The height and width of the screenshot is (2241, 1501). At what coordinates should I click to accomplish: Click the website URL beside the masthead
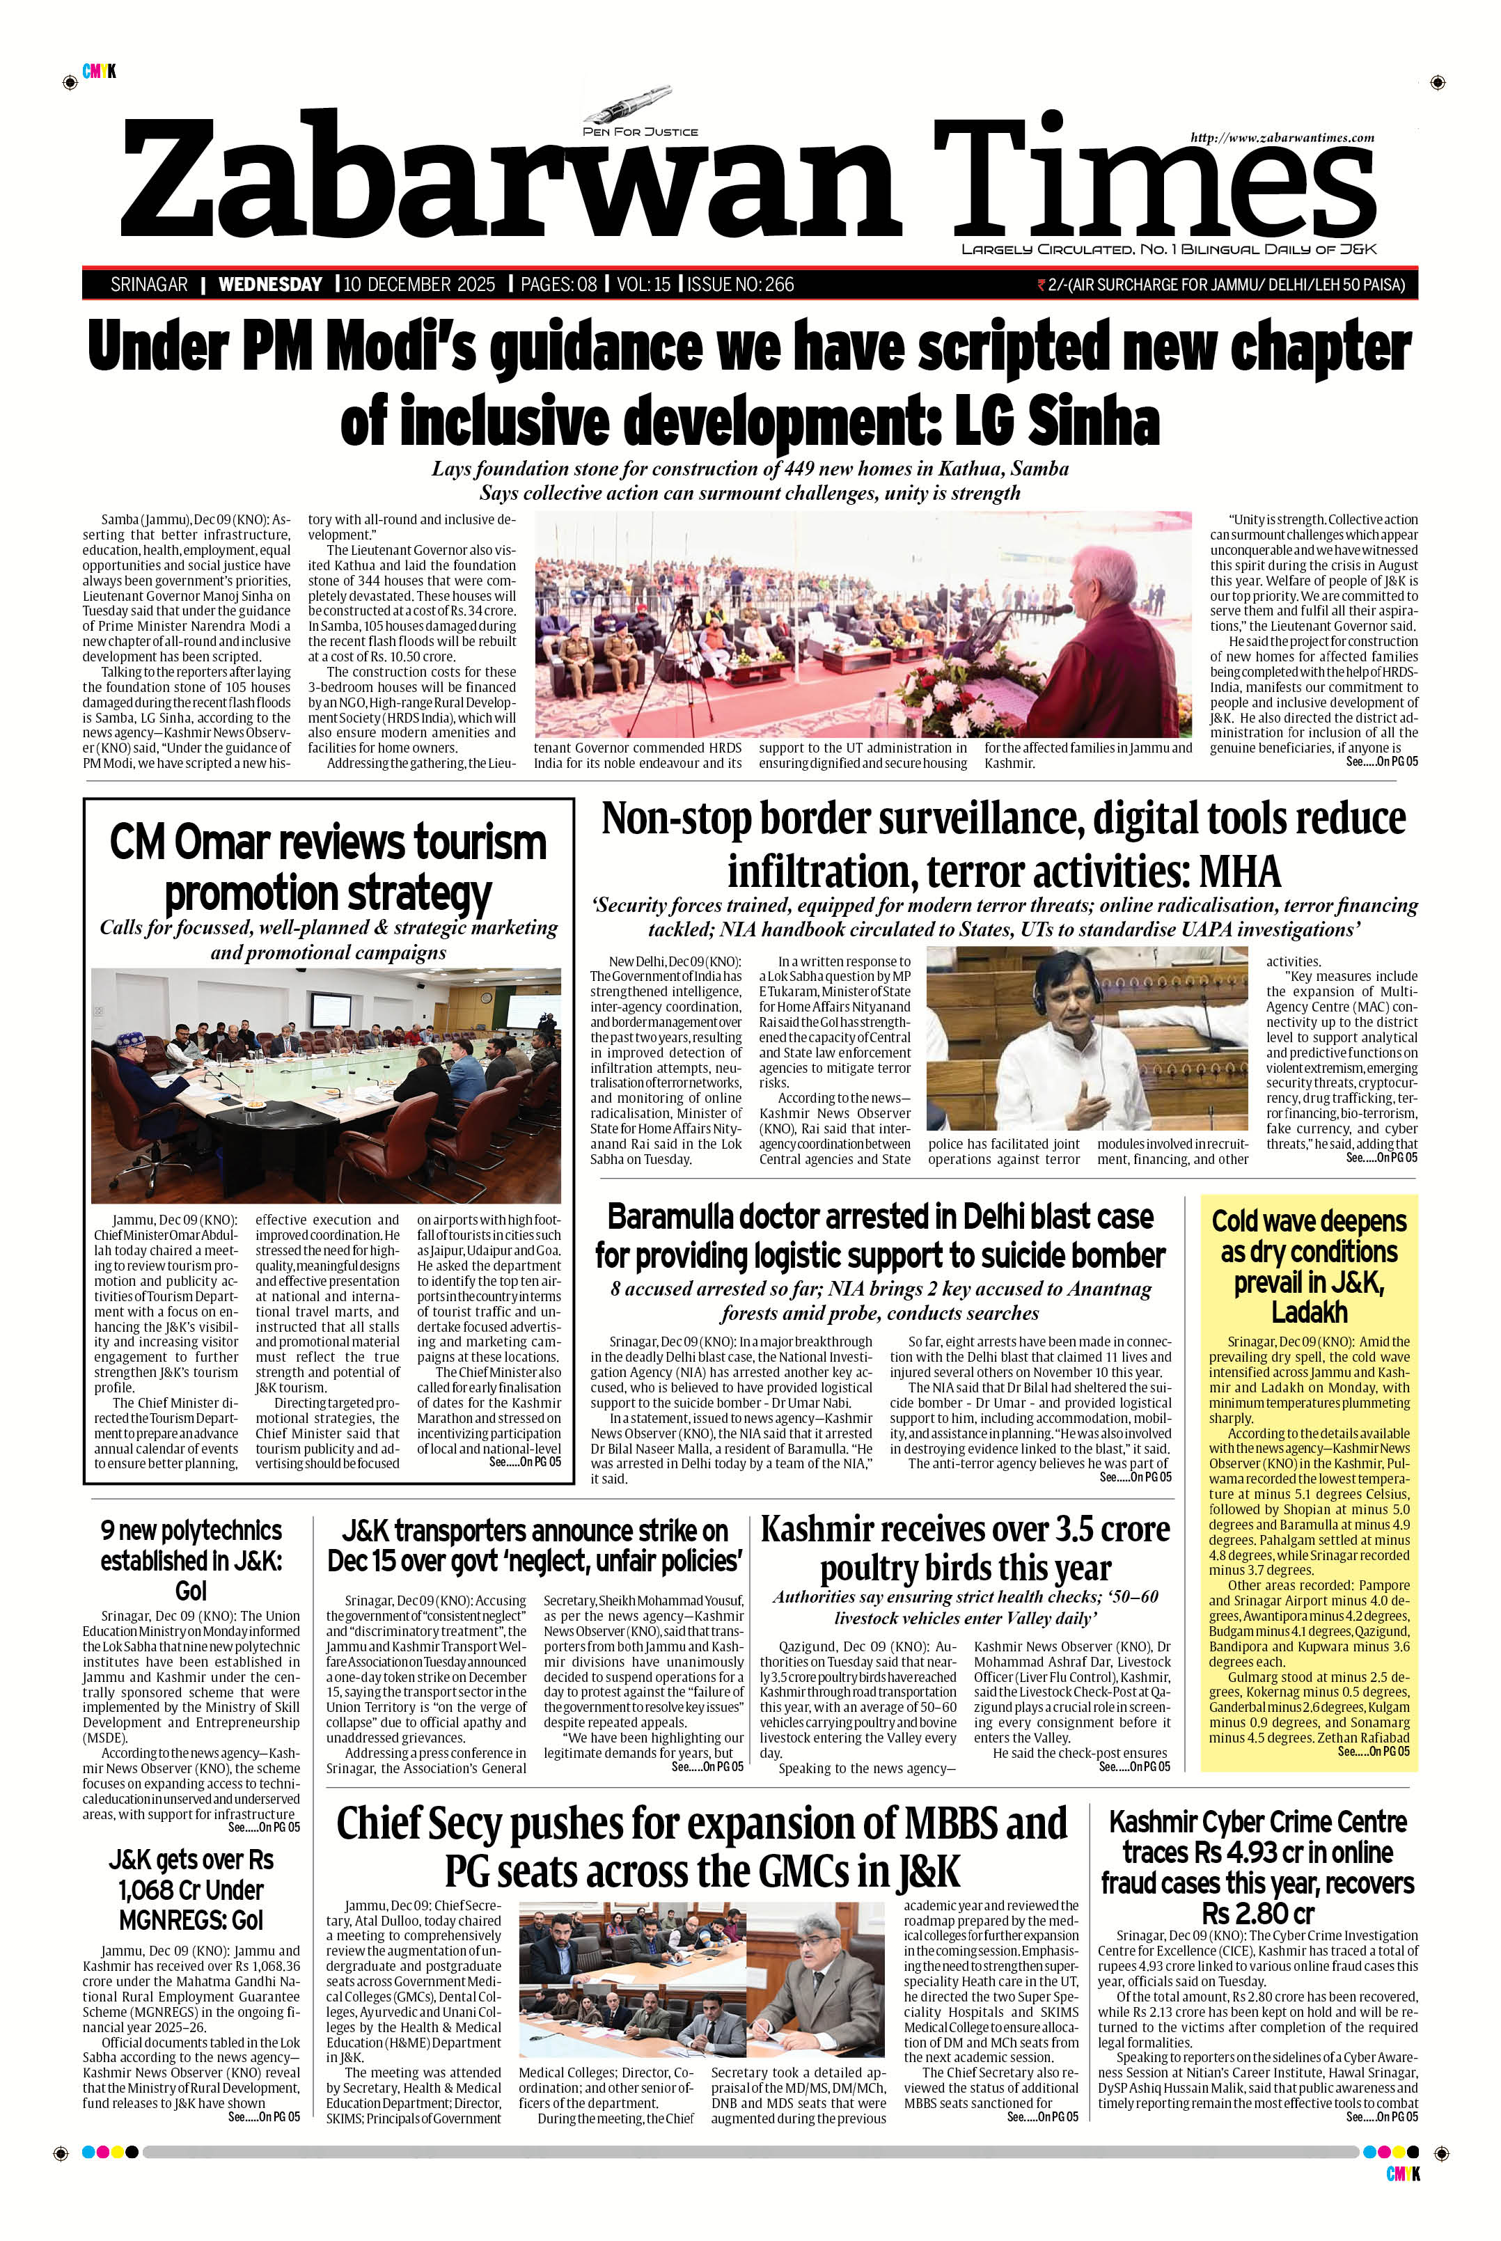(x=1282, y=138)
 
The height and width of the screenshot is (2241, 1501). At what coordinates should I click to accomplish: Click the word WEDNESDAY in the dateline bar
(x=270, y=284)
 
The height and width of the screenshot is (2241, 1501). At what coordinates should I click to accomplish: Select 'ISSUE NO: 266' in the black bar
(x=740, y=284)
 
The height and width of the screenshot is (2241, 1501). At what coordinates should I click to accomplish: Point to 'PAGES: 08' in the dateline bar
(x=558, y=284)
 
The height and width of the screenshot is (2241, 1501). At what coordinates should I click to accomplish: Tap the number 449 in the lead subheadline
(x=799, y=469)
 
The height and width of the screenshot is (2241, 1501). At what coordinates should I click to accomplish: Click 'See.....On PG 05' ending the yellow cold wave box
(x=1374, y=1752)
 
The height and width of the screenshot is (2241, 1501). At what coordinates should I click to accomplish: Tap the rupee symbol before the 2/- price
(x=1042, y=284)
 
